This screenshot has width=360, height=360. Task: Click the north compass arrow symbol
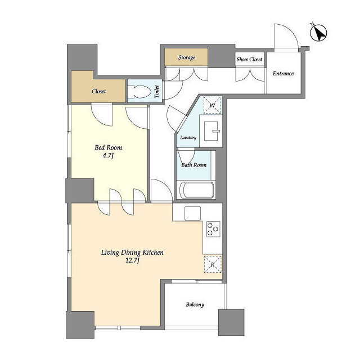pos(318,33)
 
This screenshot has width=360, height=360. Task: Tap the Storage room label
pos(187,57)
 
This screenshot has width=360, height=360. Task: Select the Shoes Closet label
pos(249,60)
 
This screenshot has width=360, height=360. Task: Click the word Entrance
pos(283,74)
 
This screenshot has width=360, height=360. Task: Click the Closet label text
pos(99,91)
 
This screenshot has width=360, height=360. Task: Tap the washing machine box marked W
pos(213,105)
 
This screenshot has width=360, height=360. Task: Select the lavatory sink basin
pos(211,131)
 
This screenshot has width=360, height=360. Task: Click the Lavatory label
pos(188,137)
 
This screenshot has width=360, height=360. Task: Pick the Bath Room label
pos(193,165)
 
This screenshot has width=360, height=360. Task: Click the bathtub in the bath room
pos(196,190)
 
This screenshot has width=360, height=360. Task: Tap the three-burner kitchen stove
pos(213,229)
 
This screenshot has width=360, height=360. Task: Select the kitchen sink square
pos(192,213)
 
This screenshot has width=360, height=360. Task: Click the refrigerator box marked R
pos(213,264)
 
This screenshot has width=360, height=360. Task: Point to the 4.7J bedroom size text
pos(108,156)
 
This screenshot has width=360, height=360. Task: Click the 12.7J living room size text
pos(133,261)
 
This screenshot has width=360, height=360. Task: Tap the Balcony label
pos(195,305)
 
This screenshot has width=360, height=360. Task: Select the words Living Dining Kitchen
pos(132,253)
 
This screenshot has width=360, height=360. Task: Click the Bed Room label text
pos(109,147)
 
